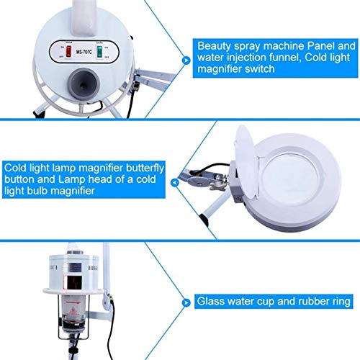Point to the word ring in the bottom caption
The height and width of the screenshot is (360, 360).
(335, 300)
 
